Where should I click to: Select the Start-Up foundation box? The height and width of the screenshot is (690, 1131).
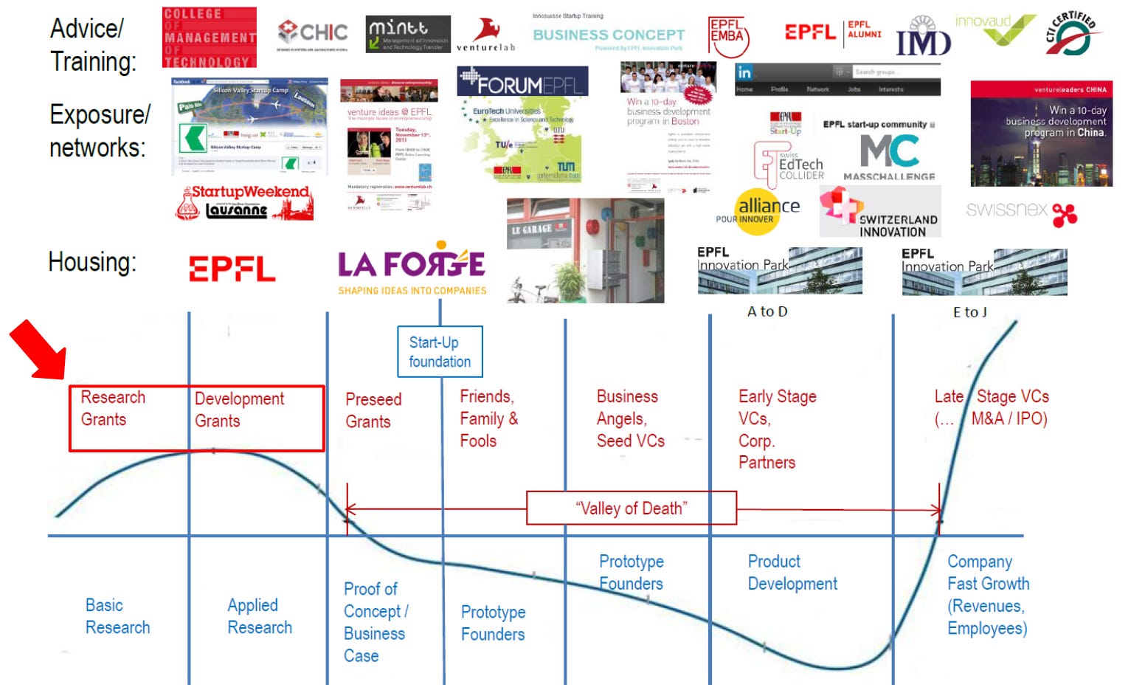(x=440, y=352)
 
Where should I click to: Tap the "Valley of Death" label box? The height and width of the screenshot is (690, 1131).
(x=631, y=508)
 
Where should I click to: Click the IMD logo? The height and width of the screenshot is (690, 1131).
(x=923, y=38)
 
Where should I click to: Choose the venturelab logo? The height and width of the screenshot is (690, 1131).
(x=485, y=35)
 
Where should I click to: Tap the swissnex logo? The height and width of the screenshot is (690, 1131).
(x=1021, y=211)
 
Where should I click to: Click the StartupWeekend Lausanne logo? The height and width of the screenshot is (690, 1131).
(x=245, y=202)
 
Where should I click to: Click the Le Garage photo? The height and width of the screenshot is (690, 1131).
(x=585, y=250)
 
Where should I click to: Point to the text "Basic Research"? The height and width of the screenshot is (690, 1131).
(x=117, y=616)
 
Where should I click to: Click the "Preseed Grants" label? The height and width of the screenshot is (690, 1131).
(x=373, y=410)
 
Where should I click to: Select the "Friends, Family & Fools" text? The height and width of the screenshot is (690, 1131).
(x=488, y=418)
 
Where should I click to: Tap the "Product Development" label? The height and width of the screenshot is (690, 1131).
(x=792, y=573)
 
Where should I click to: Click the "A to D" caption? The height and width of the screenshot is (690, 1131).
(x=767, y=311)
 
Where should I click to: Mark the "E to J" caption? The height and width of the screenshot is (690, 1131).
(x=969, y=312)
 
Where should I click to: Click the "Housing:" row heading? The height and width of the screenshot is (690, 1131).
(x=92, y=262)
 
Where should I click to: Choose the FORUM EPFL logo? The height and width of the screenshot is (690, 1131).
(x=522, y=83)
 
